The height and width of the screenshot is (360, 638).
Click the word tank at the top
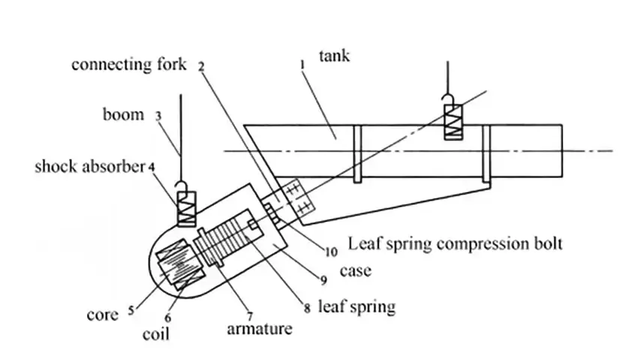(334, 55)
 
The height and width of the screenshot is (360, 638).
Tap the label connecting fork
(129, 64)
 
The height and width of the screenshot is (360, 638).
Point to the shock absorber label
(89, 166)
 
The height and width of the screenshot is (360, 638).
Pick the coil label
(156, 333)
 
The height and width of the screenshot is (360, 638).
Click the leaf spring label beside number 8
(357, 306)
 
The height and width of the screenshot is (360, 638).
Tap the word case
(356, 270)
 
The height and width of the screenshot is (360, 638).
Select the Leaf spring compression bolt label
(455, 243)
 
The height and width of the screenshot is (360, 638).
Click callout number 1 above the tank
(302, 67)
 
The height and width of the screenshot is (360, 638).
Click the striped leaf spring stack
(224, 244)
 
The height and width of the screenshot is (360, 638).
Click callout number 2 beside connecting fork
(201, 66)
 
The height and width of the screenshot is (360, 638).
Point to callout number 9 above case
(324, 280)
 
